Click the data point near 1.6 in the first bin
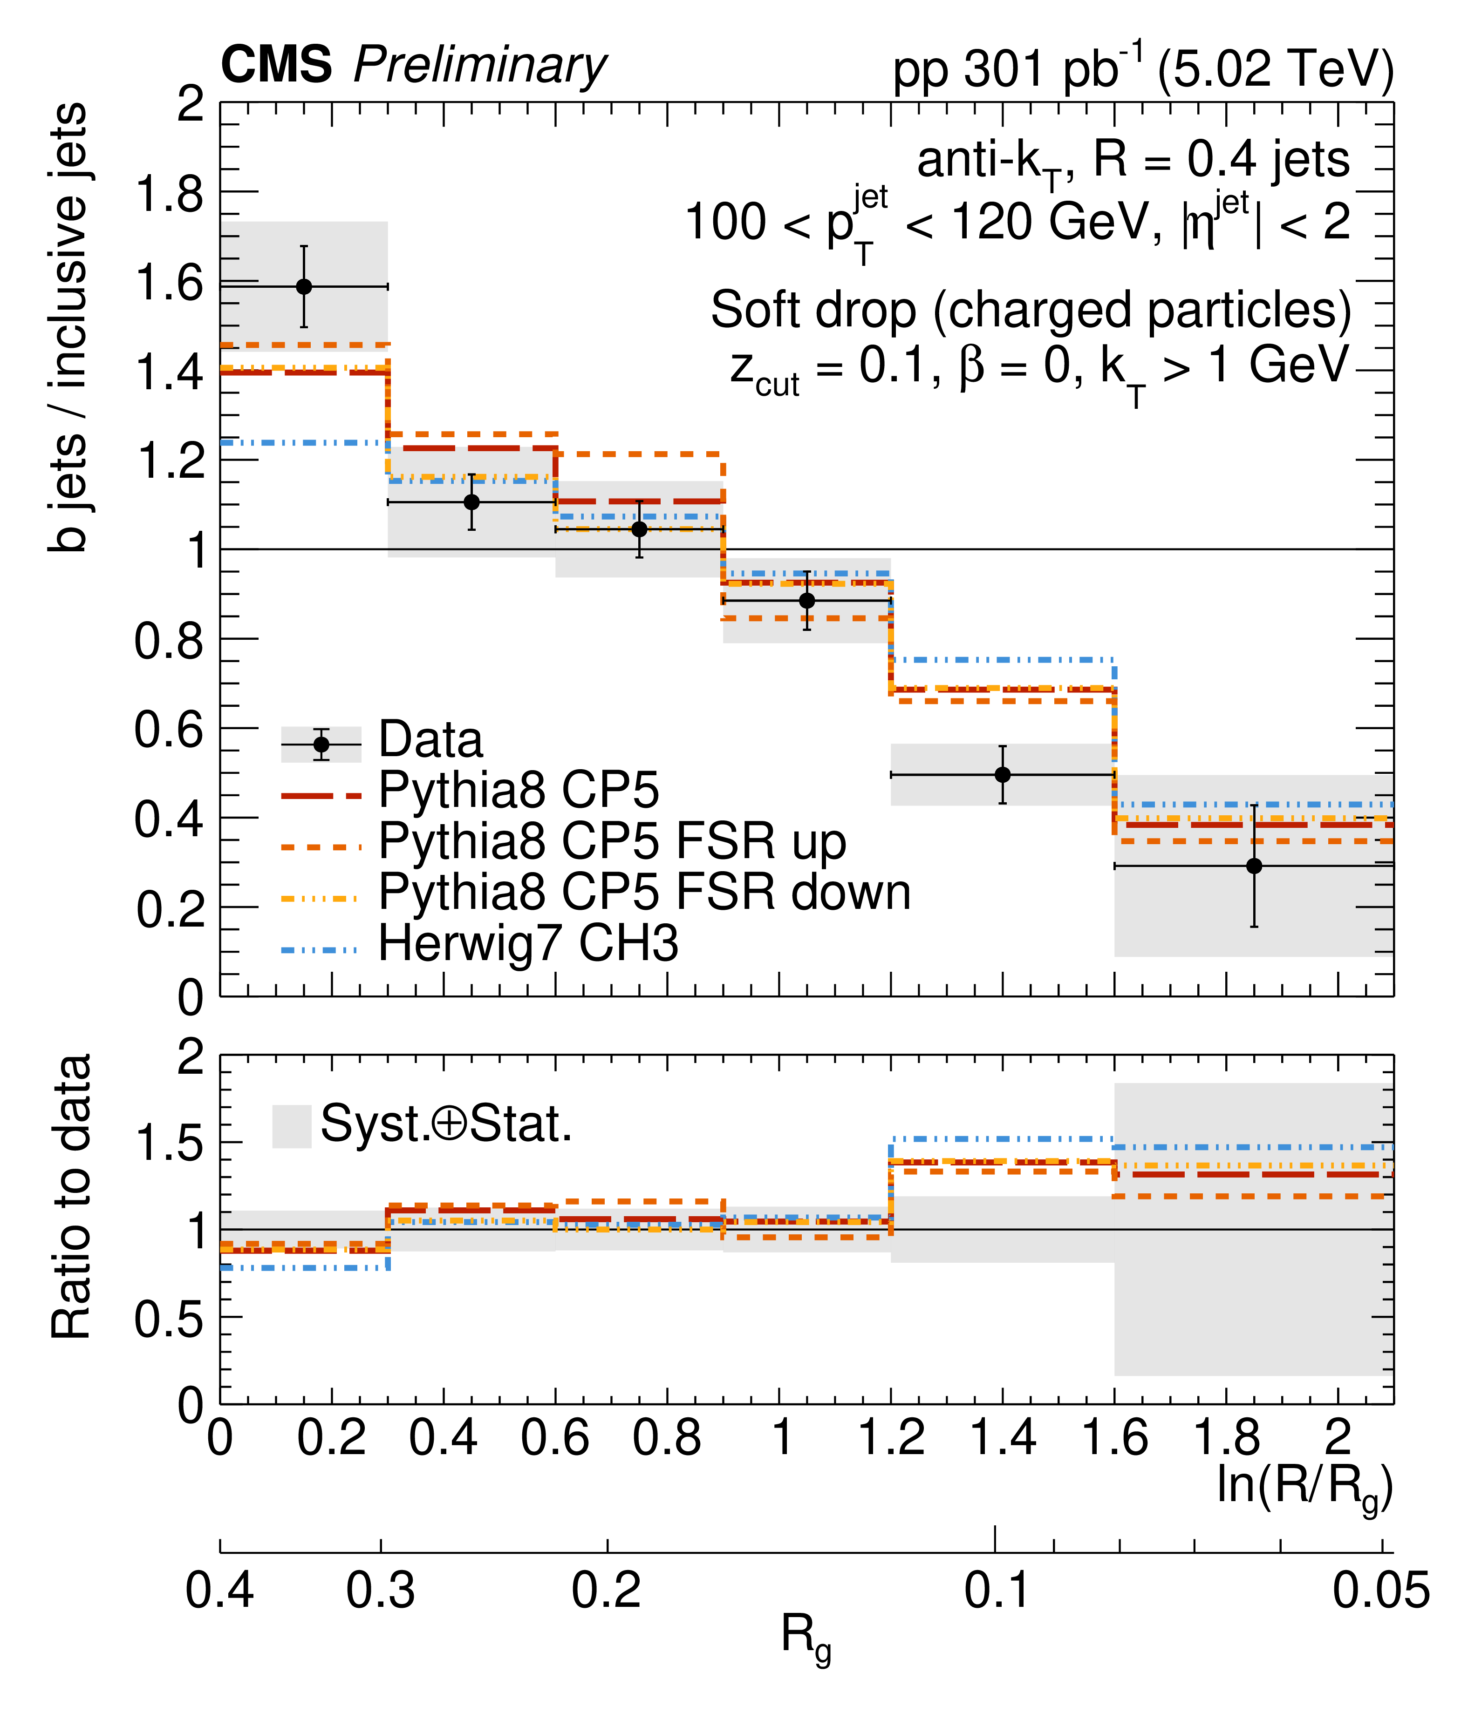(x=304, y=287)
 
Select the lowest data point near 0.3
(x=1254, y=866)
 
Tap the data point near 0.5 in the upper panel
(x=1003, y=775)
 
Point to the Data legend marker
(x=321, y=744)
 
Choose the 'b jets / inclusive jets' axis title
(x=68, y=326)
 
